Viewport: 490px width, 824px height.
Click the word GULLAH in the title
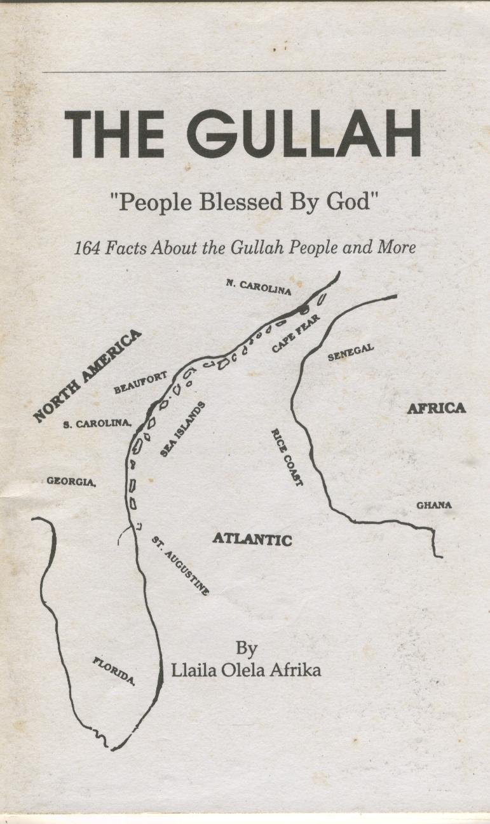click(x=304, y=135)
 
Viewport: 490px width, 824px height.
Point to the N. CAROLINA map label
click(x=258, y=287)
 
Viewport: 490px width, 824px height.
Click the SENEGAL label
click(x=350, y=354)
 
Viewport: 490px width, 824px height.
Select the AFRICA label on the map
click(x=436, y=408)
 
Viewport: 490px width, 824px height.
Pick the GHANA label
click(x=434, y=505)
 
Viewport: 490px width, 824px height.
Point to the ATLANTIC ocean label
click(x=252, y=539)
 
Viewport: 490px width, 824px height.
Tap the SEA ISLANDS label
click(x=183, y=429)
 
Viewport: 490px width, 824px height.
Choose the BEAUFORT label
click(x=140, y=383)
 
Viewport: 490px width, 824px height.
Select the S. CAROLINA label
click(x=97, y=424)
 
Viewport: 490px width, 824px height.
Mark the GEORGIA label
click(x=71, y=482)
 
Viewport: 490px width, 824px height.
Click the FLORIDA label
click(x=114, y=671)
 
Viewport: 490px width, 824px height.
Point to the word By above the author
click(x=247, y=649)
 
